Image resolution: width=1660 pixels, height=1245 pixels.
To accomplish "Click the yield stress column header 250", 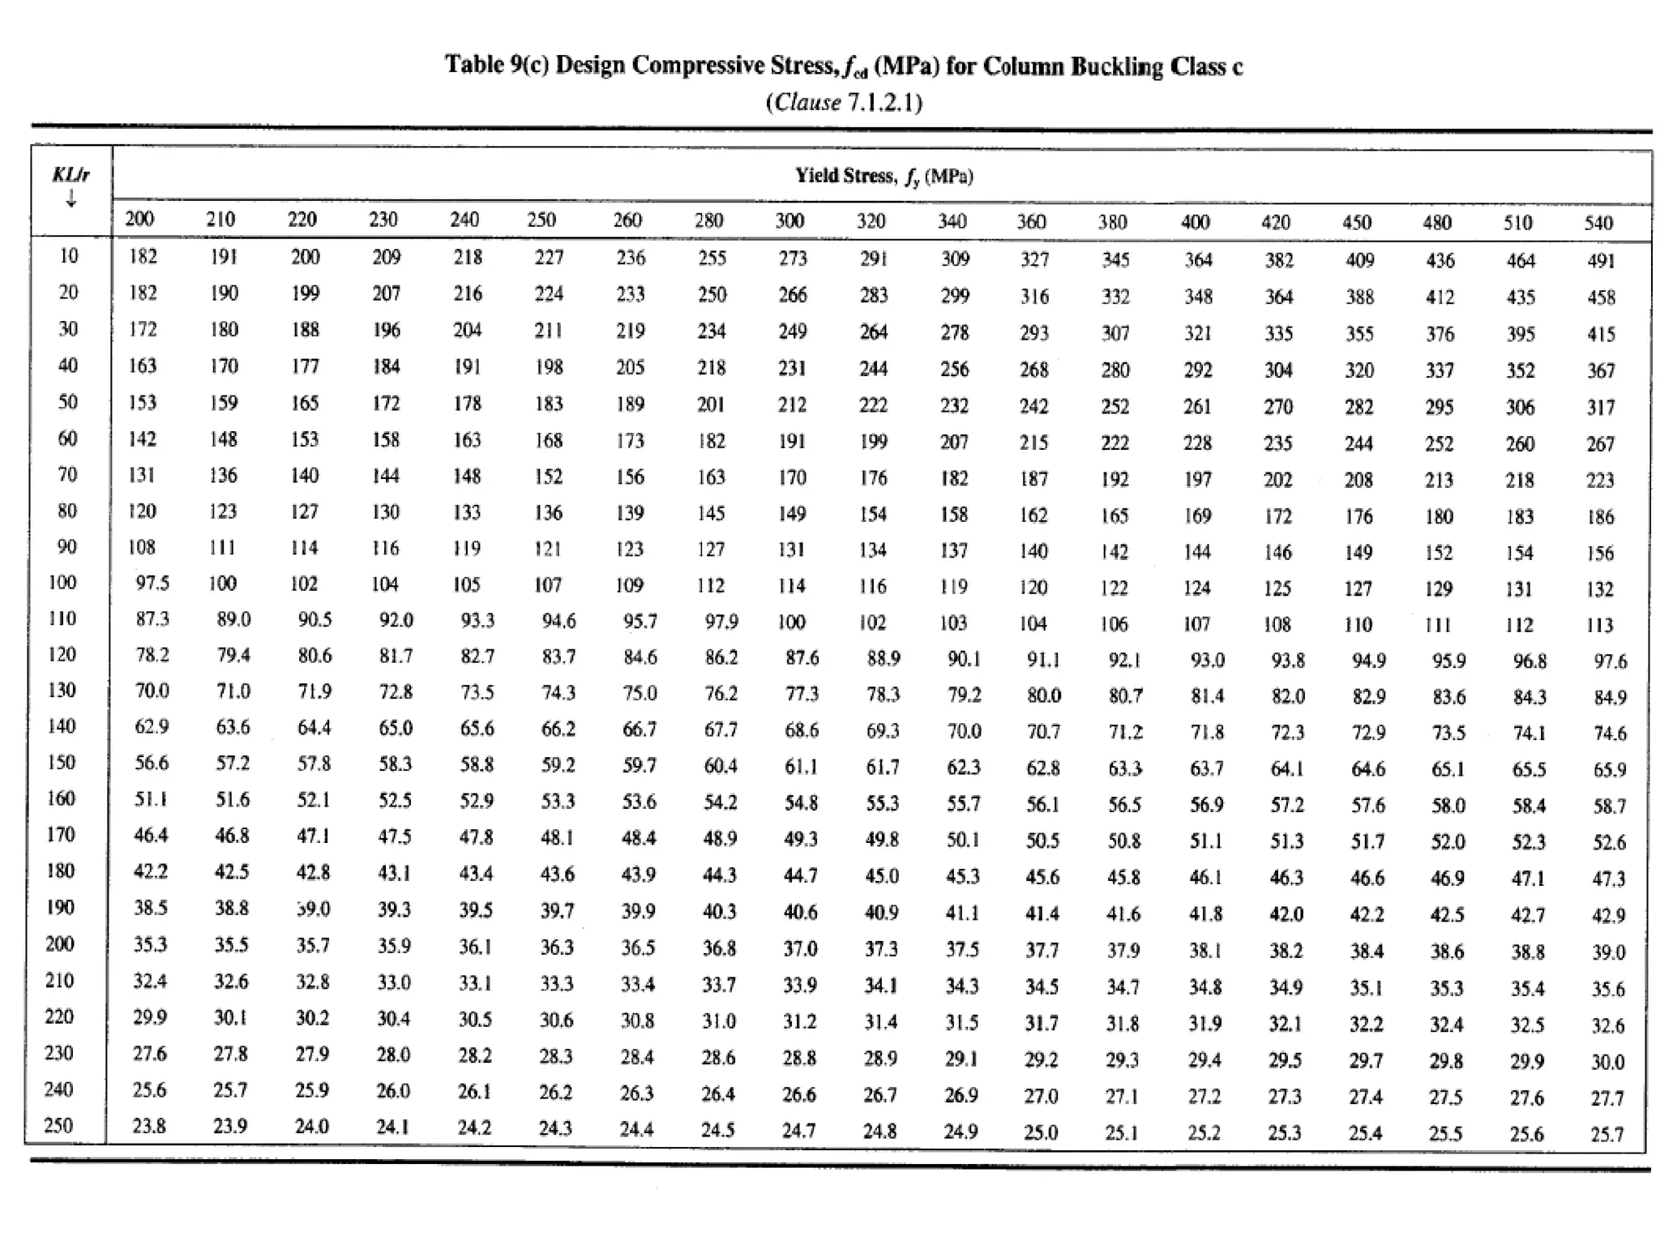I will [x=541, y=220].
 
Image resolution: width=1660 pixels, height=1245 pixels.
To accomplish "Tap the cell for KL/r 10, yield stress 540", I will [x=1601, y=261].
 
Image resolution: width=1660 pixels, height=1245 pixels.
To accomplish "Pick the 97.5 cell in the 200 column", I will [x=152, y=583].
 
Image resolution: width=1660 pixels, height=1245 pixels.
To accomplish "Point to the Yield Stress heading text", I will [x=846, y=176].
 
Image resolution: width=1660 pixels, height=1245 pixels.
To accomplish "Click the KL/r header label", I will [x=71, y=174].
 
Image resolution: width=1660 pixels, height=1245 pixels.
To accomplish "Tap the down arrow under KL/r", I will [x=71, y=198].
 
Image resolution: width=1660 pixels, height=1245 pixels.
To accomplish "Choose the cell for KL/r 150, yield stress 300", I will [x=801, y=766].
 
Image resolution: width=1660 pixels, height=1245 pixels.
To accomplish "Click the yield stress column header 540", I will [x=1598, y=223].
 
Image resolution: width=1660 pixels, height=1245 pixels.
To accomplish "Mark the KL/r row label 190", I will [x=60, y=907].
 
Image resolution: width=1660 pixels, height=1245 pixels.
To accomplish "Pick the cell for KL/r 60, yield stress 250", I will [x=549, y=440].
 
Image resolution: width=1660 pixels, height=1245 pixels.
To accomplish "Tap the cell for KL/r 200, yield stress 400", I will [x=1204, y=950].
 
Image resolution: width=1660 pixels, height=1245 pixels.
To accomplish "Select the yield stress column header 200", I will [x=139, y=219].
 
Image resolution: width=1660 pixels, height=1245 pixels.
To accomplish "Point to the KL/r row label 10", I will [x=68, y=256].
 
